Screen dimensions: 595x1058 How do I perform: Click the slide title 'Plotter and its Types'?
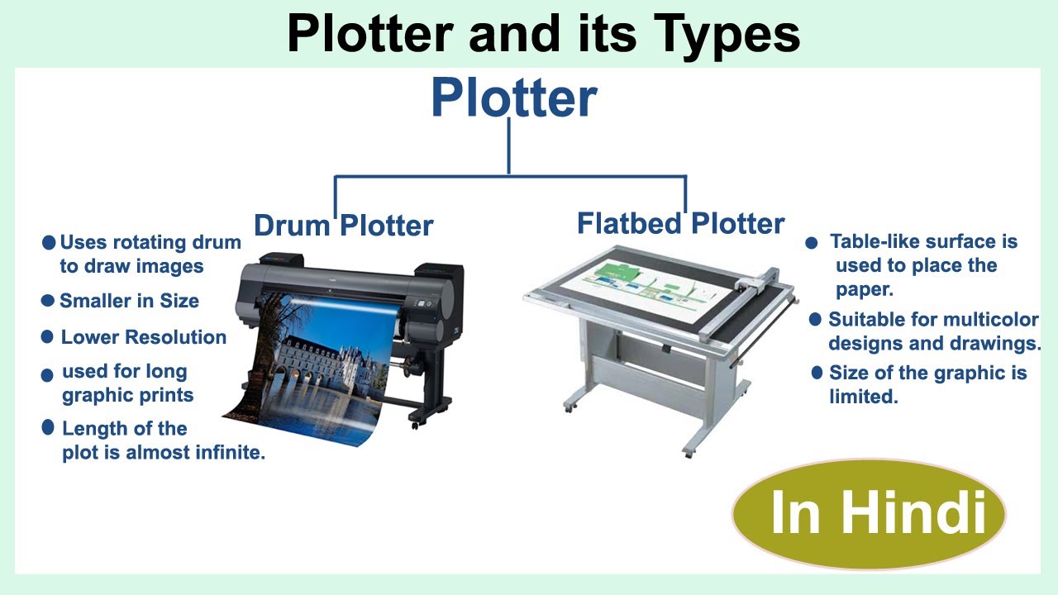point(543,35)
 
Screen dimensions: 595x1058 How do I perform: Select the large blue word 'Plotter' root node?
point(513,98)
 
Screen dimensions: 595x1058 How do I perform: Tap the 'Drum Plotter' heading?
point(343,226)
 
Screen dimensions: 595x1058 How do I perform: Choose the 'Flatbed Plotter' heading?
point(680,223)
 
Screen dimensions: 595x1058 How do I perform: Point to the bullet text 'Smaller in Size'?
point(129,301)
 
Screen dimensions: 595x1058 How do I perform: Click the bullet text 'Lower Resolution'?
point(143,337)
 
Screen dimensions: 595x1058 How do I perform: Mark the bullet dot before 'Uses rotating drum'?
point(49,243)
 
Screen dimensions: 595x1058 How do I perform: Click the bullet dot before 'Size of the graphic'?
point(817,373)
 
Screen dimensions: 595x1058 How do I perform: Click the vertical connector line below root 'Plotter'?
point(508,147)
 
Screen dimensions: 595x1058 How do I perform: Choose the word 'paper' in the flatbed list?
point(864,290)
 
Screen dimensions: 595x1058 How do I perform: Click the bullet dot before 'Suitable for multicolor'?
point(815,319)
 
